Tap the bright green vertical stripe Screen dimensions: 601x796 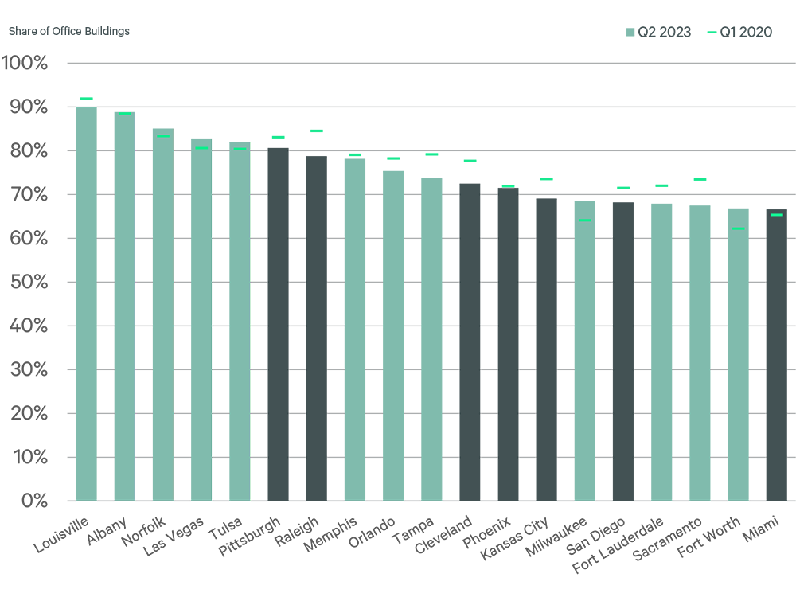click(x=139, y=310)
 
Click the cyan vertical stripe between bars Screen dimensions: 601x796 click(x=178, y=310)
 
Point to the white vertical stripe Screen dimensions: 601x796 click(x=217, y=318)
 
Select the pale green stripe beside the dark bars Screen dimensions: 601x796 click(x=255, y=318)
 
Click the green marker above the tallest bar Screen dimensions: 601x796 click(x=85, y=92)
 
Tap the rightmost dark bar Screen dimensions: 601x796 click(x=777, y=358)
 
